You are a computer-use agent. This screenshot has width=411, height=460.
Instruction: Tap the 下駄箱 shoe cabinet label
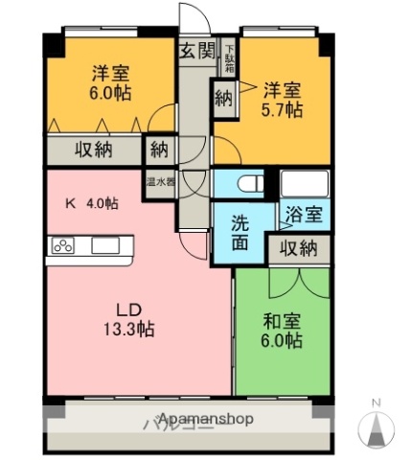click(229, 59)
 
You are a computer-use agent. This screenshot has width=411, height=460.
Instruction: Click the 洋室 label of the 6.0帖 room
click(111, 73)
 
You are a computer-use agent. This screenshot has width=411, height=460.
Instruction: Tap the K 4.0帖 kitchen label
click(91, 203)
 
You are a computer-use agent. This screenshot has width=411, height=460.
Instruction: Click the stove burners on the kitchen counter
click(63, 246)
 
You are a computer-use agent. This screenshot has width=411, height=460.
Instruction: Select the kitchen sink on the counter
click(105, 246)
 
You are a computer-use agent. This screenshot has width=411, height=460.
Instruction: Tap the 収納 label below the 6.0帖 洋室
click(93, 149)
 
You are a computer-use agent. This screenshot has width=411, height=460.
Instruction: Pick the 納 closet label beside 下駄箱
click(224, 98)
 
